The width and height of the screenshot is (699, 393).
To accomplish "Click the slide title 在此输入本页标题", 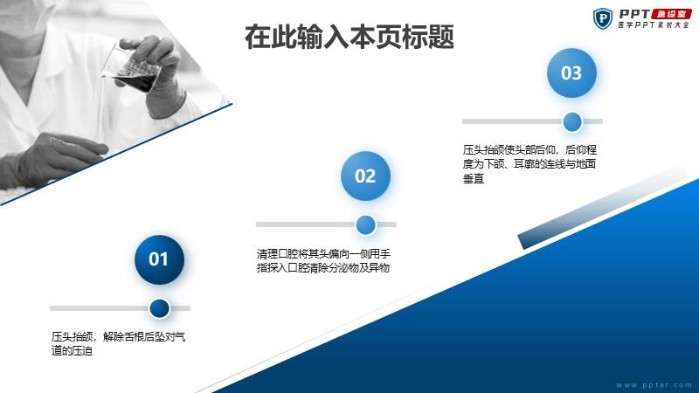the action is click(349, 37).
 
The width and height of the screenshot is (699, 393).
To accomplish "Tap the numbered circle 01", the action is click(159, 259).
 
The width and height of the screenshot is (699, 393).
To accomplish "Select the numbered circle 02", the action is click(365, 176).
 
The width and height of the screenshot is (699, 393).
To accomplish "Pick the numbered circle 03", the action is click(571, 72).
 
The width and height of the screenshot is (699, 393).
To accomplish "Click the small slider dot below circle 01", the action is click(159, 308).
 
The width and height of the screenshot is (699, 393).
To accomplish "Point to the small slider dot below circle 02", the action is click(365, 224).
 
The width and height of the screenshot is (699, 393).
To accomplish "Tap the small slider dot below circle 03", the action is click(572, 121).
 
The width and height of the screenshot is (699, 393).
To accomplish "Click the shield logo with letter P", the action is click(603, 18).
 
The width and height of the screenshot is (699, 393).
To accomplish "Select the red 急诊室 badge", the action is click(671, 14).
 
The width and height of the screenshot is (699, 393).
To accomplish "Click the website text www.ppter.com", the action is click(654, 385).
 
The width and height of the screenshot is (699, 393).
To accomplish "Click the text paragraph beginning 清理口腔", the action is click(323, 260).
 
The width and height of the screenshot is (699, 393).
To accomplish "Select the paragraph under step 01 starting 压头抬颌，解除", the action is click(118, 343).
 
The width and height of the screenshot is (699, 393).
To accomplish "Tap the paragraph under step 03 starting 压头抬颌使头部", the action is click(529, 164).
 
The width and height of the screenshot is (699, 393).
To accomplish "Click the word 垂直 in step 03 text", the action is click(474, 179).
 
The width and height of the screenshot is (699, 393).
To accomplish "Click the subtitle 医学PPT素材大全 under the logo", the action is click(654, 25).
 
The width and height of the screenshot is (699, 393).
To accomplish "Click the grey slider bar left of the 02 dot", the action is click(306, 224).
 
